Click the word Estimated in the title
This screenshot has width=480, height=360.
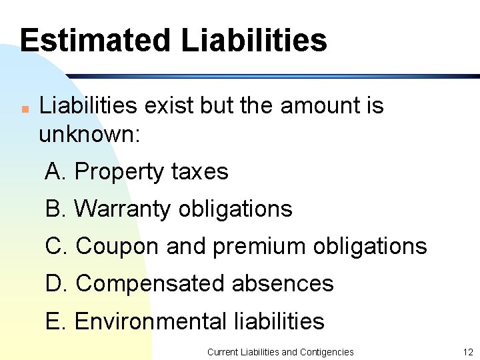point(95,40)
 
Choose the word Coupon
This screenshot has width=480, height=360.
point(118,247)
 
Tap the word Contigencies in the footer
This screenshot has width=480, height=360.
point(327,351)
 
